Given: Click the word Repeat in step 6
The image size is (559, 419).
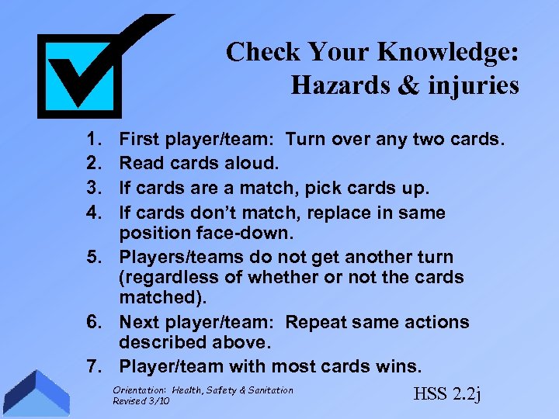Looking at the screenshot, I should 317,322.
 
